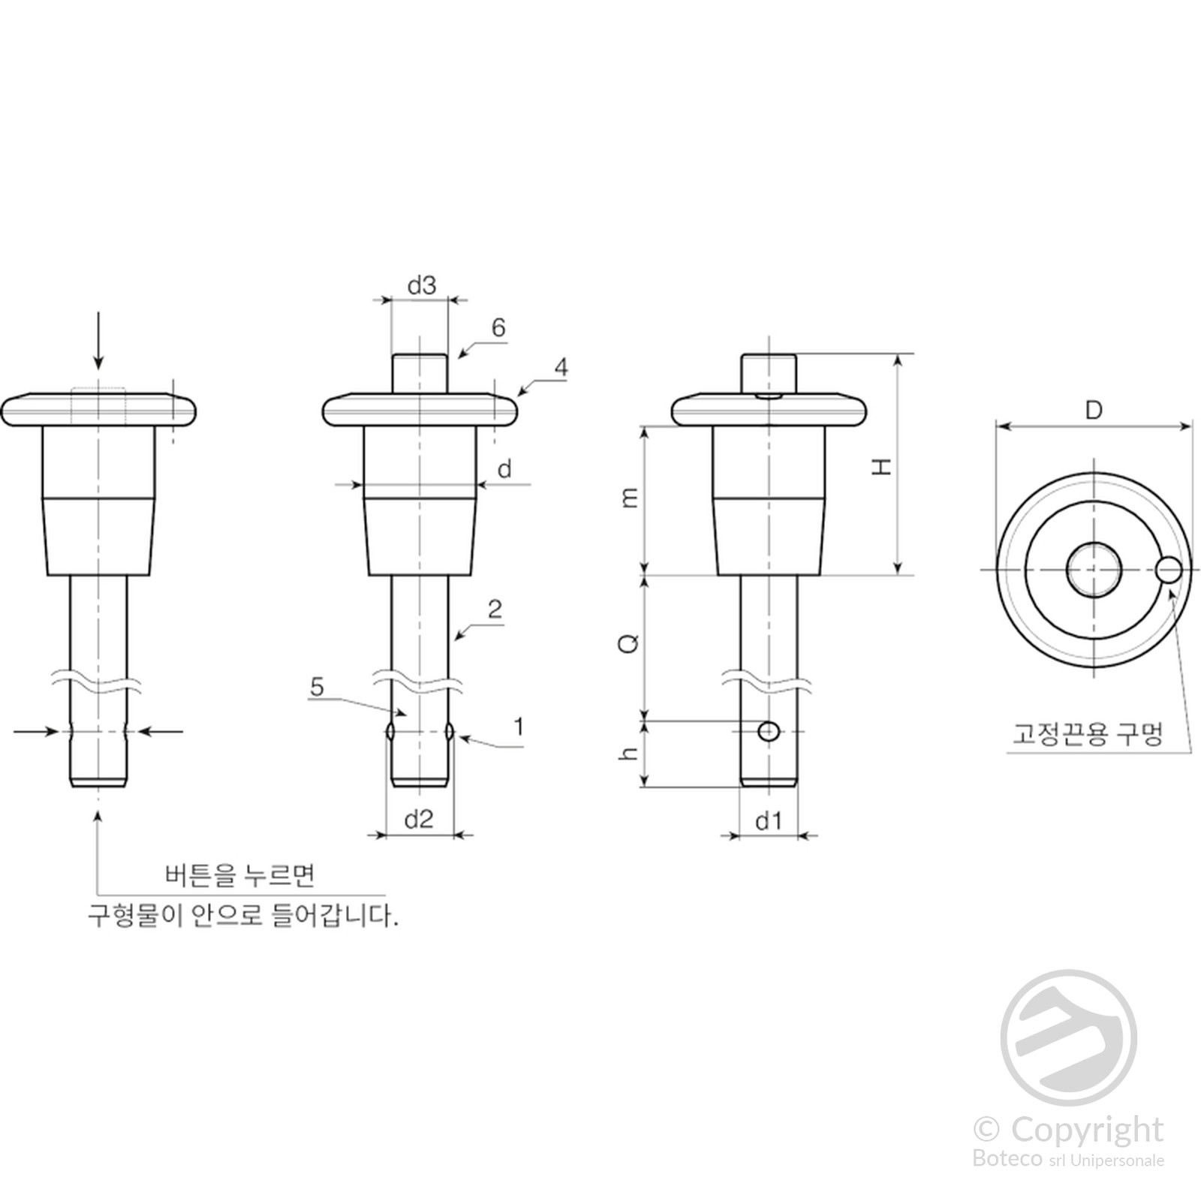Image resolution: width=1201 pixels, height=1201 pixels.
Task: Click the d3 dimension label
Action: pos(421,285)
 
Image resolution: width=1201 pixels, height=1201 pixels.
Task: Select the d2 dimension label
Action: pos(419,819)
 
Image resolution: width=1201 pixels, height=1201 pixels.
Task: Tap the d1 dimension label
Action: pos(769,820)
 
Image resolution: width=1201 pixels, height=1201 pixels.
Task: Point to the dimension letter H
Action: pos(880,466)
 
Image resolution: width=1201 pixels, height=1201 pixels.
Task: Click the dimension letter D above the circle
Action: pos(1094,411)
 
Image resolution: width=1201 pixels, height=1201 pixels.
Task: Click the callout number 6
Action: pos(498,327)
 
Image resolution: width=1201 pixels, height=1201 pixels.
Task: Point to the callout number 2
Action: pos(495,609)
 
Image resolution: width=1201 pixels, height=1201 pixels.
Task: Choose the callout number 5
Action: pos(317,686)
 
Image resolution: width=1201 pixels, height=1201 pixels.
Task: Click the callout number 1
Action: pos(518,727)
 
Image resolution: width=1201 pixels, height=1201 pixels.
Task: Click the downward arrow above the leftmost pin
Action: pos(98,342)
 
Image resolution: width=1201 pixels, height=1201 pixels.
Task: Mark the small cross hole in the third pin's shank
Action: pos(768,731)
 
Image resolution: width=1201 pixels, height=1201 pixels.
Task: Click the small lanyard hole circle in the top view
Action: pos(1169,569)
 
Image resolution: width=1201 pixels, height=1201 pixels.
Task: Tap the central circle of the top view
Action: pos(1094,570)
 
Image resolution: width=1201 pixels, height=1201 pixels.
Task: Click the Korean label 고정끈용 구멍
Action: pos(1088,733)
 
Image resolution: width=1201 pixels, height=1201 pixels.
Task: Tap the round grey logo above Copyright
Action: pos(1068,1037)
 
